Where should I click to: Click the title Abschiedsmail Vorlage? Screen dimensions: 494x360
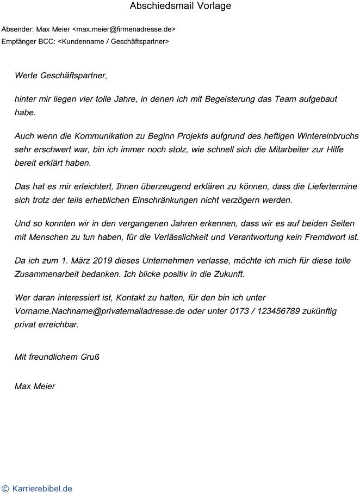click(180, 7)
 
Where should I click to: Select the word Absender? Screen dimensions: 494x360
click(17, 29)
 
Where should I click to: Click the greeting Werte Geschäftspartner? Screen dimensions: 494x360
click(61, 76)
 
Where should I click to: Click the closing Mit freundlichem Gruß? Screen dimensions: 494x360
click(57, 357)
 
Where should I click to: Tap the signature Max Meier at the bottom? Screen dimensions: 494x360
click(35, 386)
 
